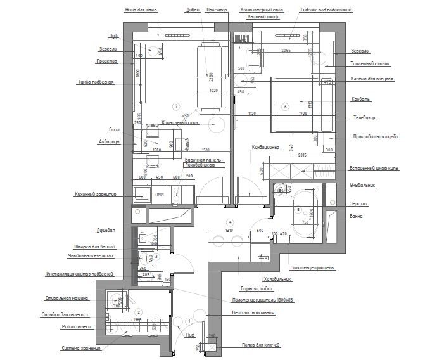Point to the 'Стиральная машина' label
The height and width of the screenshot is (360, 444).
(x=66, y=297)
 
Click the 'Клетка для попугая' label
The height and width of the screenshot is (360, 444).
(x=373, y=79)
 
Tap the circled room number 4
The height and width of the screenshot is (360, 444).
(x=230, y=222)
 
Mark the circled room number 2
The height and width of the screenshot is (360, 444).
(x=139, y=312)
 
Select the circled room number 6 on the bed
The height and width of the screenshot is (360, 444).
(x=285, y=106)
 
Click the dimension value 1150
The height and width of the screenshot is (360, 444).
(x=251, y=113)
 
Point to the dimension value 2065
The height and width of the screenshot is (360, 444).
(x=286, y=50)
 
